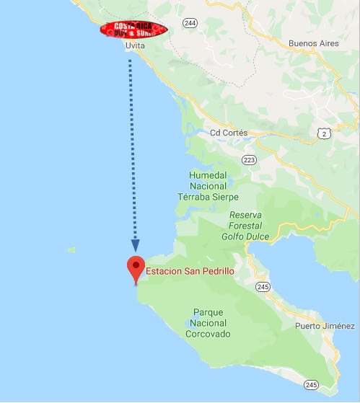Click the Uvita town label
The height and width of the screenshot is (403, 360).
point(135,45)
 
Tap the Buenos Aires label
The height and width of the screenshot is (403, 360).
point(314,43)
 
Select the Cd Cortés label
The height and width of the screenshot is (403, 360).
point(228,133)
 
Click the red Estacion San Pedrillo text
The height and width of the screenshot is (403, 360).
point(191,272)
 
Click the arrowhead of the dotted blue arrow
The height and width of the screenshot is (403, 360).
point(135,246)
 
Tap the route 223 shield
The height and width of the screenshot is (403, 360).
point(250,159)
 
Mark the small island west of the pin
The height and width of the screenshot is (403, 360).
point(71,250)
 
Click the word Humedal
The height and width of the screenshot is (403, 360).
point(208,175)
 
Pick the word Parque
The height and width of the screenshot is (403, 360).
point(208,312)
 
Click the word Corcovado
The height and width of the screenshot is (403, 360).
point(208,334)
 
